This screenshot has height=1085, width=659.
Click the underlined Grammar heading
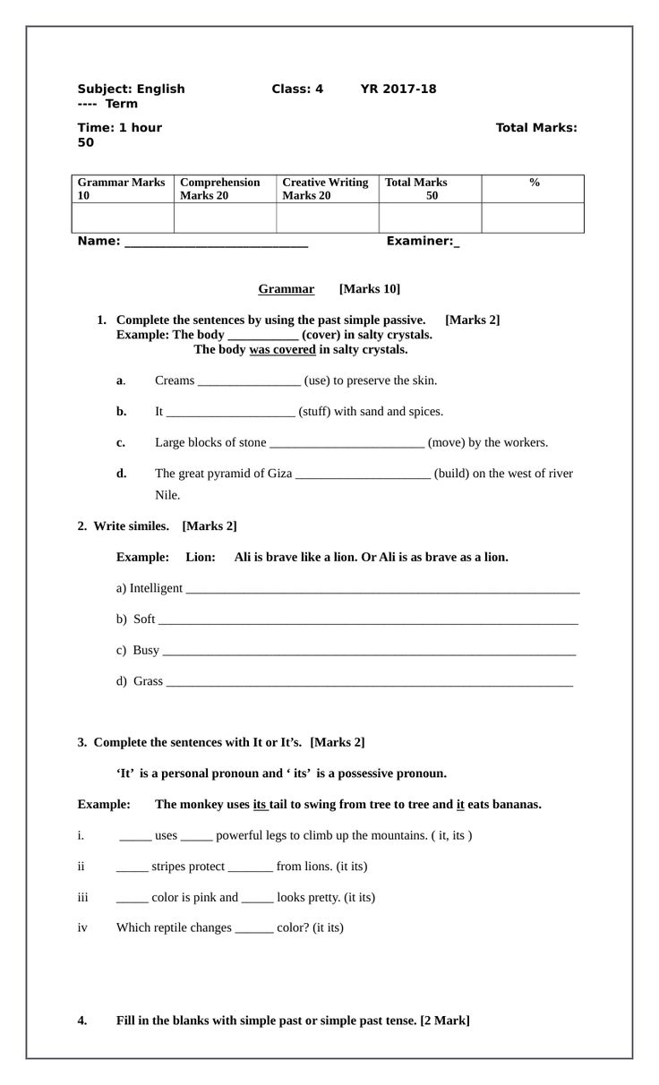(286, 289)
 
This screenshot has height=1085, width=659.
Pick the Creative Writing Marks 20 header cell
(325, 189)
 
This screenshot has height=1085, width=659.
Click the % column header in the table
(534, 183)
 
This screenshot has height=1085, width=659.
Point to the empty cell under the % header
(533, 218)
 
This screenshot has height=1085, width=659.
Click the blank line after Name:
(216, 242)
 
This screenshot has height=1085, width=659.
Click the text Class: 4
(297, 90)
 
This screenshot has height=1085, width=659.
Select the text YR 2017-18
(398, 90)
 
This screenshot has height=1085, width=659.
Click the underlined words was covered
(282, 350)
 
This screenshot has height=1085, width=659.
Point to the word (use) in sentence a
(318, 380)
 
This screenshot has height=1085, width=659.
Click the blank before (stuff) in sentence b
(230, 412)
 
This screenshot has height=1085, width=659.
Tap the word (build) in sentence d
(453, 474)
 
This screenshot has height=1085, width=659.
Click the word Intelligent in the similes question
(156, 588)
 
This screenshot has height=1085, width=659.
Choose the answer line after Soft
(367, 619)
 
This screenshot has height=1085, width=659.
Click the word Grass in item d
(148, 681)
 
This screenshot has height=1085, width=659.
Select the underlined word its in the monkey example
(261, 805)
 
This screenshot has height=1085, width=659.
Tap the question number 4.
(82, 1021)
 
